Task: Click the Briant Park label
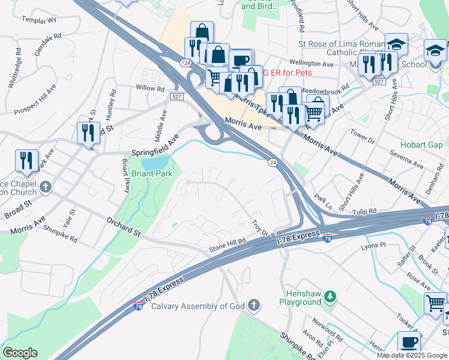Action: click(152, 173)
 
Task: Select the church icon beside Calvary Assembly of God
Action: click(254, 306)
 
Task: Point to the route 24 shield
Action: click(273, 163)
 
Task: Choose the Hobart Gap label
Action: click(422, 145)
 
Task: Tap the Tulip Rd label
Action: click(364, 212)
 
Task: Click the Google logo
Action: click(20, 353)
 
